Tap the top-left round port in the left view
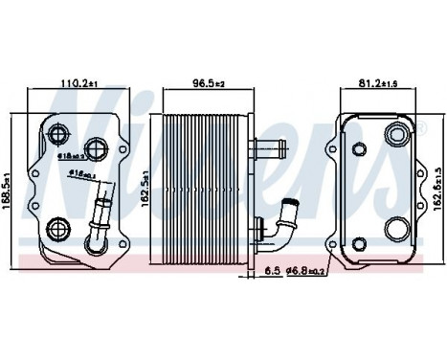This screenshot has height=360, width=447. [x=59, y=133]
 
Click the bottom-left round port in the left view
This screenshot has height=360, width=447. [x=56, y=228]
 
